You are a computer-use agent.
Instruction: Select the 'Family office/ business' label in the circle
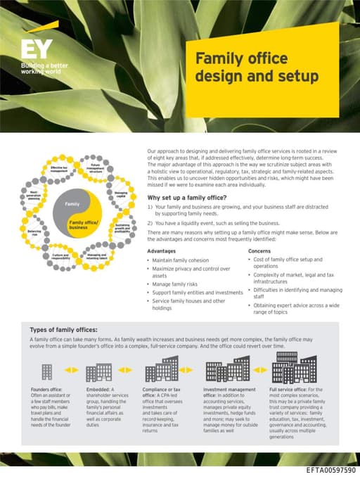82,224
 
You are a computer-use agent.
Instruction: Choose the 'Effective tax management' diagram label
59,170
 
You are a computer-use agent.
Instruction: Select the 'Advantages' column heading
162,250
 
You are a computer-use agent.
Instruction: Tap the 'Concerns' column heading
259,250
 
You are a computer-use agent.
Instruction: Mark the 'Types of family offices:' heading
63,329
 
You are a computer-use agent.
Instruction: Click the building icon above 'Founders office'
47,371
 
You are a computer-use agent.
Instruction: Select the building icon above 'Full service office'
293,367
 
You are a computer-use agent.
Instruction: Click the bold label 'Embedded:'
96,389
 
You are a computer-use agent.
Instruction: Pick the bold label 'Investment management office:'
229,389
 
